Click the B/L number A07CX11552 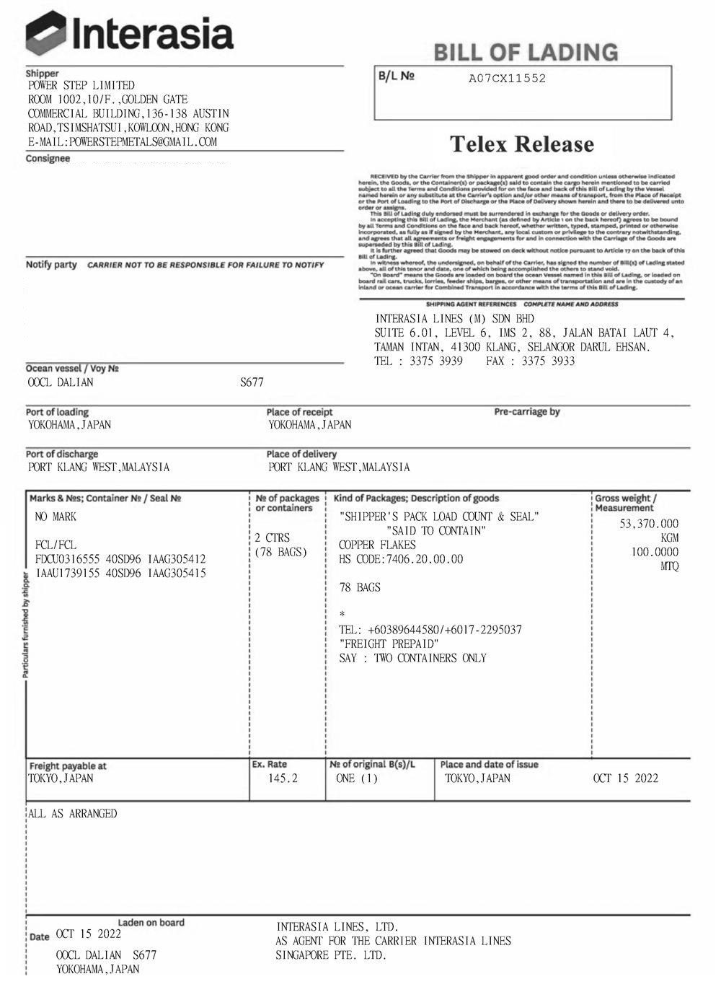[507, 79]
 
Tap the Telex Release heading [522, 144]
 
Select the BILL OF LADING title [526, 52]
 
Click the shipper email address [123, 142]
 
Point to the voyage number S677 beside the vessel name [252, 382]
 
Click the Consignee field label [48, 159]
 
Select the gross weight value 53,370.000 [649, 524]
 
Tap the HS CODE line [401, 559]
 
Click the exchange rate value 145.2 [283, 778]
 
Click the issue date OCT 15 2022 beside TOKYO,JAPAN [625, 778]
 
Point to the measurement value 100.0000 [655, 552]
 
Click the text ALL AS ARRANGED [72, 814]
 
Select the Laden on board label [151, 923]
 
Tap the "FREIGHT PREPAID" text [389, 644]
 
